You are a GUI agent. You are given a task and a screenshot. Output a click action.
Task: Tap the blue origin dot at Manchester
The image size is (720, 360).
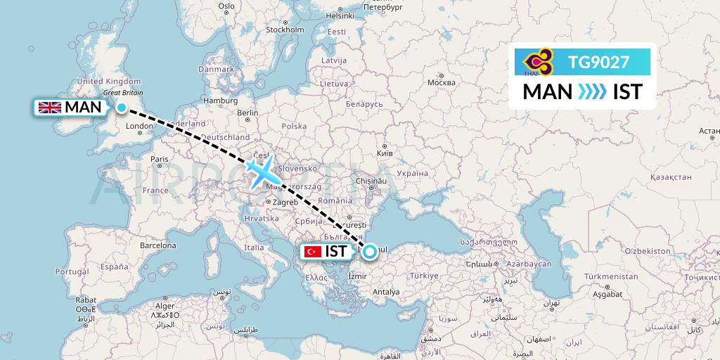tap(122, 108)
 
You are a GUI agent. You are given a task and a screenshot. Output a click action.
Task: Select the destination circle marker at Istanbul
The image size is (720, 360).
tap(369, 252)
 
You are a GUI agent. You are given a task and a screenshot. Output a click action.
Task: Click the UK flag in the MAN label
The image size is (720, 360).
tap(49, 108)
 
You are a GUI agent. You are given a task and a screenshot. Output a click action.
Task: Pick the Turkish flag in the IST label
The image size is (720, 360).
tap(313, 252)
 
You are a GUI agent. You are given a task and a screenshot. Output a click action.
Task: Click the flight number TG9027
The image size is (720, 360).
tap(598, 62)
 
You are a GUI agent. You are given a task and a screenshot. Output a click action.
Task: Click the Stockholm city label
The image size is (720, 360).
tap(285, 30)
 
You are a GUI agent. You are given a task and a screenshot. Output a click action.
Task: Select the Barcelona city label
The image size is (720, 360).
tap(157, 246)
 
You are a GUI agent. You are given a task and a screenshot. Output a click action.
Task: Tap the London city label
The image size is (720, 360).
tap(139, 127)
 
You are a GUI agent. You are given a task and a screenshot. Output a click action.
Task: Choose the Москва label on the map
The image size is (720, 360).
tap(442, 82)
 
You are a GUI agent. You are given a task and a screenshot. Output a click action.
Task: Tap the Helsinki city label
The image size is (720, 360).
tap(340, 15)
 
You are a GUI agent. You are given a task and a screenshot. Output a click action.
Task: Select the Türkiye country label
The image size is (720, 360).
tap(424, 275)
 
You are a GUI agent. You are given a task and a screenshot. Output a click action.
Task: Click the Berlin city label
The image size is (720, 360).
tap(248, 112)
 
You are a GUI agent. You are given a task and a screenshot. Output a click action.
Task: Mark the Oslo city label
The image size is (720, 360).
tap(226, 6)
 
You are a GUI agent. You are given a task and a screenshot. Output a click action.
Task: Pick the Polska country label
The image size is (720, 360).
tap(294, 127)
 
